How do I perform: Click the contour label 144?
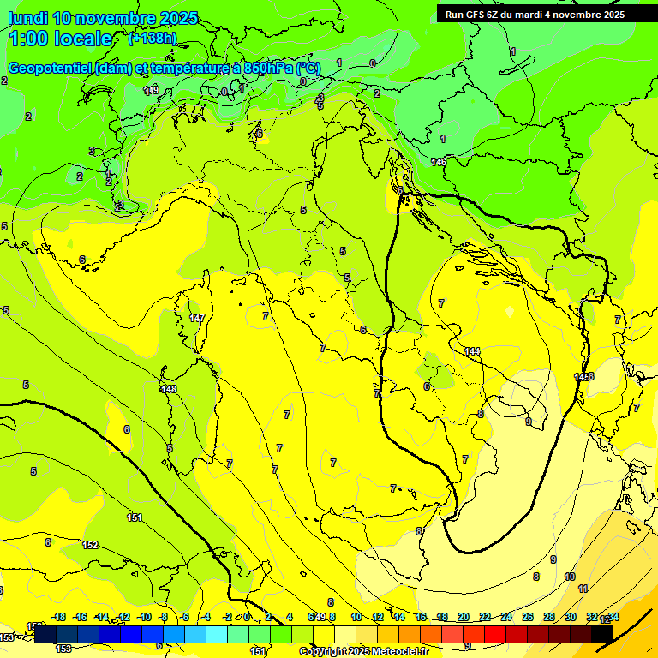(472, 351)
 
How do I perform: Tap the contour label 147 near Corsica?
(197, 318)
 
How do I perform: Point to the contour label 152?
(90, 545)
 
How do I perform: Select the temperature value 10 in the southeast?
(570, 577)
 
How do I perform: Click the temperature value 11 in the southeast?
(583, 589)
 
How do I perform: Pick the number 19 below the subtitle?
(153, 90)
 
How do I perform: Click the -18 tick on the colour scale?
(59, 617)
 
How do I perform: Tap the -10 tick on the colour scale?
(145, 617)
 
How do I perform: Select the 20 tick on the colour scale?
(464, 617)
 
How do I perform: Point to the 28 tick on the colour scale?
(549, 617)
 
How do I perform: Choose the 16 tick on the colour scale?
(421, 617)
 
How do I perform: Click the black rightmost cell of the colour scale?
(601, 633)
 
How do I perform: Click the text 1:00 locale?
(60, 39)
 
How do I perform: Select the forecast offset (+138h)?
(153, 39)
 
